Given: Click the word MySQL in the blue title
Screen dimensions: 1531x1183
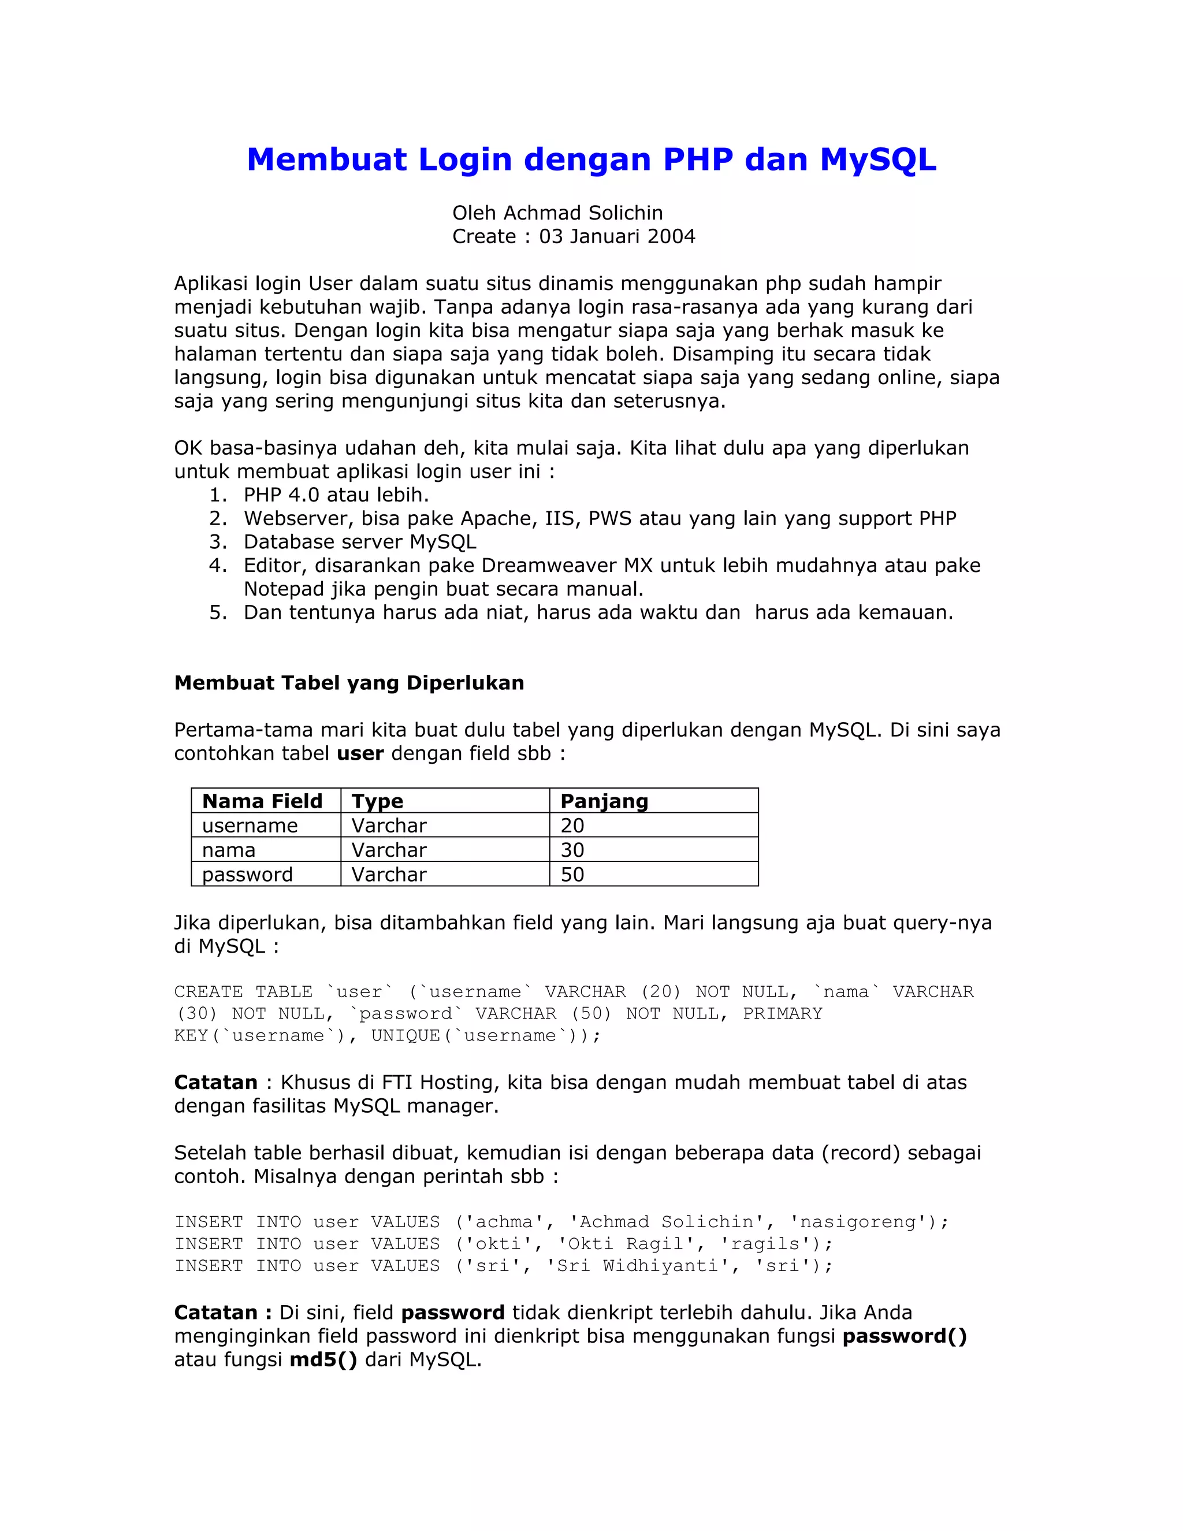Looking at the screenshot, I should click(877, 160).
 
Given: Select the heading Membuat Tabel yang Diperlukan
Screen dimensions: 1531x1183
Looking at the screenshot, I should click(348, 683).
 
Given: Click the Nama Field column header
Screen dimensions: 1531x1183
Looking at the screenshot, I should click(262, 801).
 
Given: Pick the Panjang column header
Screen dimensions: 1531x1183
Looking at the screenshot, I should click(604, 801).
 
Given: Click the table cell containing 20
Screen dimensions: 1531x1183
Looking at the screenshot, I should click(572, 826).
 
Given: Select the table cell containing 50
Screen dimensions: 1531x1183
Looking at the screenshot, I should click(572, 875).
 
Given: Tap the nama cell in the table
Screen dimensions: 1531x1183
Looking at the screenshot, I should click(229, 850).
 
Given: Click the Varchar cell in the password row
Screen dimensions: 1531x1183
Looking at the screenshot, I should click(389, 875).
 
